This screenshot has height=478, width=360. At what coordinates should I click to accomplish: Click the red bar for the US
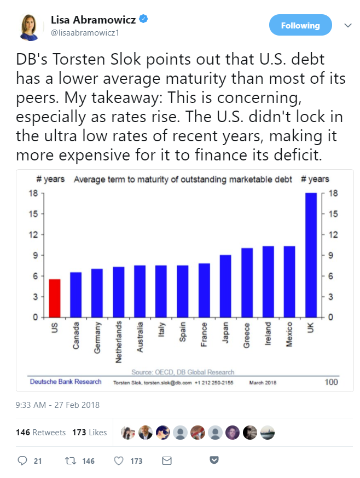(x=54, y=298)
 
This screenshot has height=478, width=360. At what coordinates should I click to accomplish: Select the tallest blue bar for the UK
(x=311, y=255)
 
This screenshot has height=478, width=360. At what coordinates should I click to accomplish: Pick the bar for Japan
(x=225, y=286)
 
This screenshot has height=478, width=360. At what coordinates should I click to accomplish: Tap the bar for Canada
(x=76, y=295)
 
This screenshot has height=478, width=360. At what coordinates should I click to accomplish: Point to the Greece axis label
(x=247, y=335)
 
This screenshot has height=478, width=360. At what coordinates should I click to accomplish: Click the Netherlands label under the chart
(x=119, y=343)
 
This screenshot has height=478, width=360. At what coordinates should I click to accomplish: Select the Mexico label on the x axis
(x=289, y=334)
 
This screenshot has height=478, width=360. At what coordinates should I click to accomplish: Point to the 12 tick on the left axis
(x=33, y=235)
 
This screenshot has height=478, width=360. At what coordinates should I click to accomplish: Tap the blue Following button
(x=300, y=26)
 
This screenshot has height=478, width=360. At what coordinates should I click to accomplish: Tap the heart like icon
(x=119, y=461)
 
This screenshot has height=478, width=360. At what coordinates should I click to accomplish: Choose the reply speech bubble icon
(x=22, y=461)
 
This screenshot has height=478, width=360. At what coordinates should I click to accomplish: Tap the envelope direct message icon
(x=167, y=461)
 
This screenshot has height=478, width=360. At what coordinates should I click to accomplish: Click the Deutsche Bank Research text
(x=57, y=382)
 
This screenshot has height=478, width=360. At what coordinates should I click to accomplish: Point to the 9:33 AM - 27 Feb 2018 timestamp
(x=58, y=406)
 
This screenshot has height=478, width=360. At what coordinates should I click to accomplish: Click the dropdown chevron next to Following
(x=347, y=26)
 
